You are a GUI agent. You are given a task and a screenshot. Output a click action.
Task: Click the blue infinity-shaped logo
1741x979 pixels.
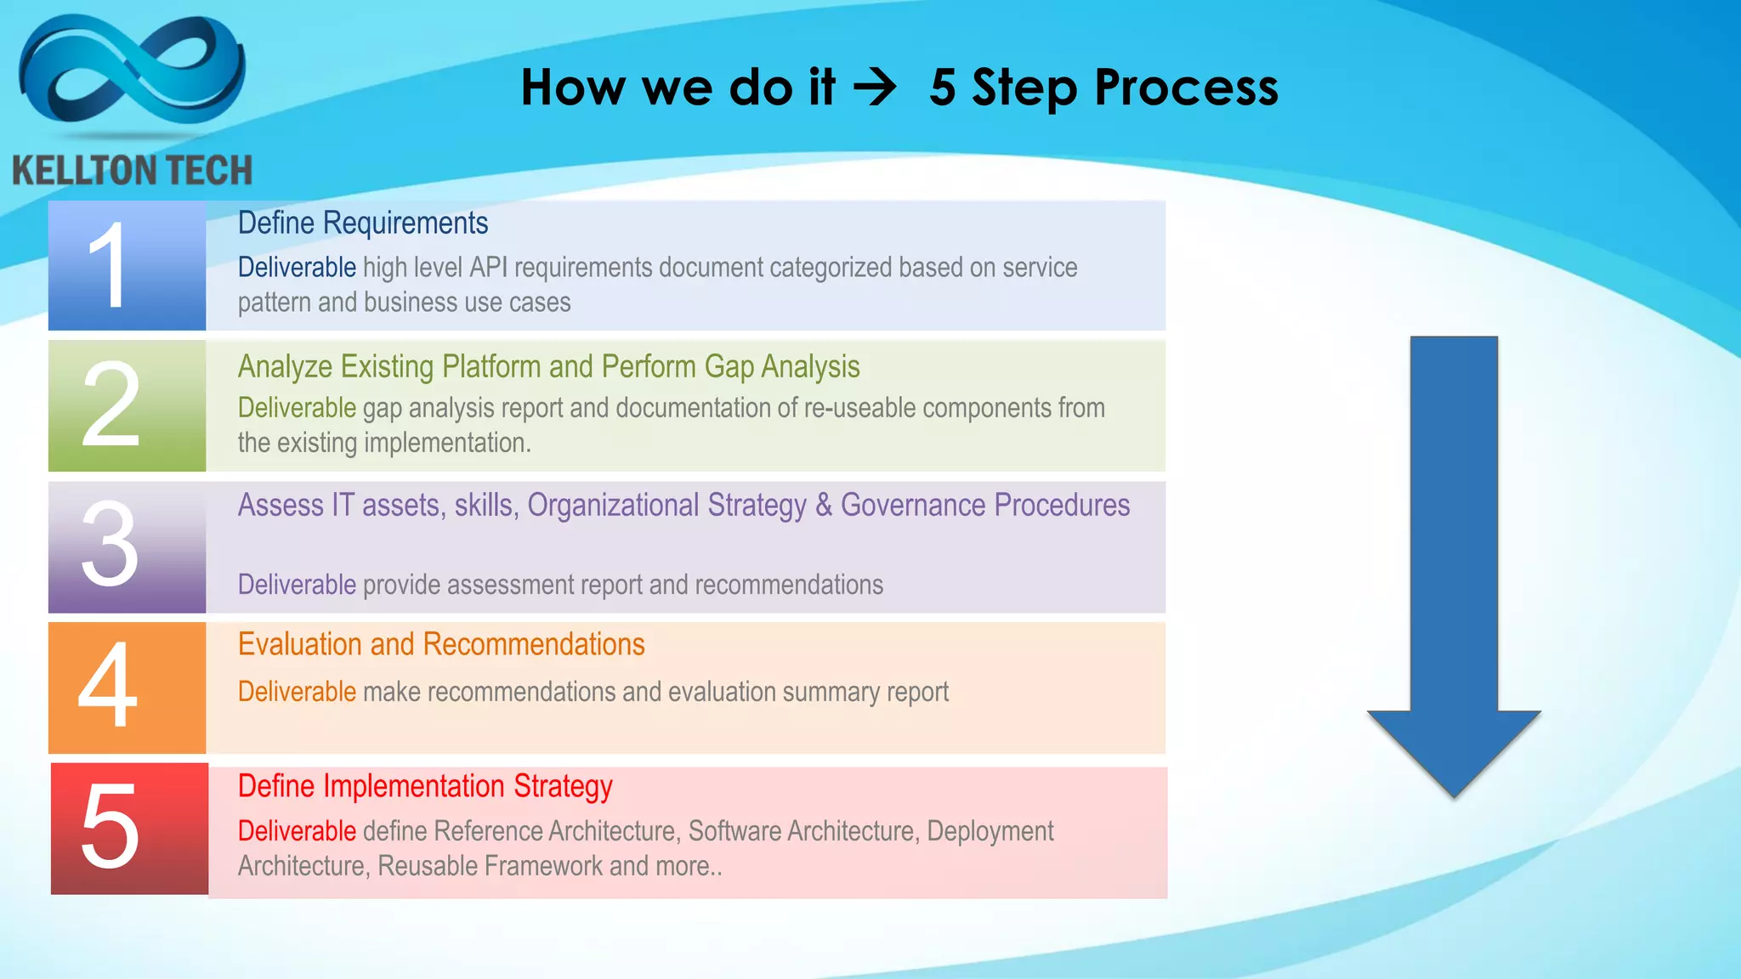click(132, 72)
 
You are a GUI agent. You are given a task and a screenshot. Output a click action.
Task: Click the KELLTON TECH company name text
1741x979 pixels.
click(133, 170)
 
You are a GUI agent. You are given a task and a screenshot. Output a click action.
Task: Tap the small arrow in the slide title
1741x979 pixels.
click(875, 88)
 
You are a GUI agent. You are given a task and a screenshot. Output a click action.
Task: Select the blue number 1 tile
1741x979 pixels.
click(127, 265)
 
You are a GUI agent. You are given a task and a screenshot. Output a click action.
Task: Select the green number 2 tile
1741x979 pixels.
click(127, 405)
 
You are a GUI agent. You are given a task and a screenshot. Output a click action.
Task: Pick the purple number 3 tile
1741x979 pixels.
click(127, 546)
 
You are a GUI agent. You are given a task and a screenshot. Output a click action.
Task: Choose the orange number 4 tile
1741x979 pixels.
click(127, 687)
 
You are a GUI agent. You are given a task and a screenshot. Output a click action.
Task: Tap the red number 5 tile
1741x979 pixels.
click(129, 828)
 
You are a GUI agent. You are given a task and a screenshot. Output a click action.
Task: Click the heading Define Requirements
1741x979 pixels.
click(363, 223)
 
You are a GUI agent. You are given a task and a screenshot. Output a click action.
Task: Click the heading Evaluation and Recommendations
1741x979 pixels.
click(441, 644)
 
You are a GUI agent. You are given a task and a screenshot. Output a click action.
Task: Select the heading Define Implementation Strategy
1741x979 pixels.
click(425, 786)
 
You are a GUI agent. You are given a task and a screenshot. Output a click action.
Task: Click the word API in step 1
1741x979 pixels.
click(488, 267)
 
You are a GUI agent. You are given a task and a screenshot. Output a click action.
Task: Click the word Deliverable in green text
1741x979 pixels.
click(297, 408)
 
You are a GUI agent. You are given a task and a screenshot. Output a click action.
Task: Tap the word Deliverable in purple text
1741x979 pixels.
click(297, 585)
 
